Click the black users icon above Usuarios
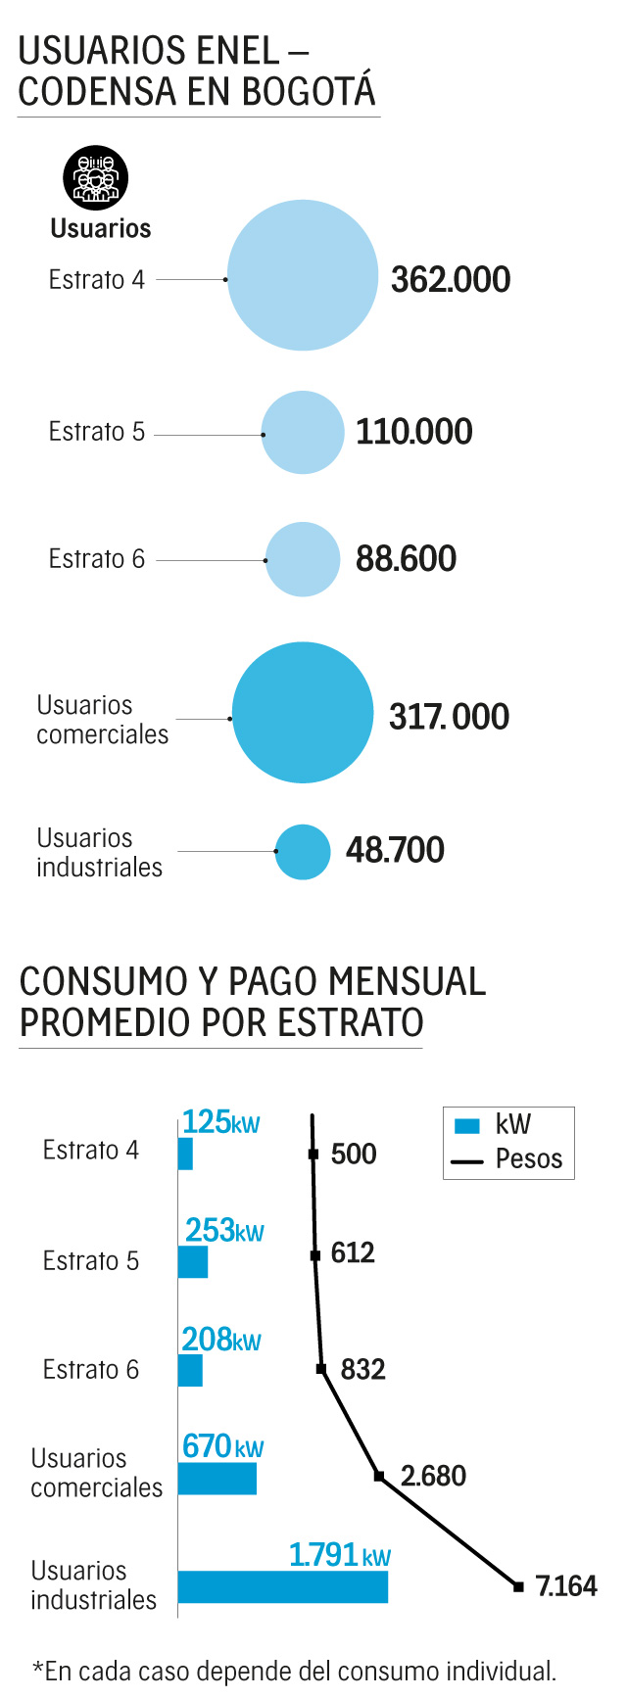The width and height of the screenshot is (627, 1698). point(95,178)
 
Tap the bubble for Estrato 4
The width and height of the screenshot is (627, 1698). point(303,275)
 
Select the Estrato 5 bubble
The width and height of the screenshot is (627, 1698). point(303,433)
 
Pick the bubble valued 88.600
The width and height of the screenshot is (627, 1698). point(303,559)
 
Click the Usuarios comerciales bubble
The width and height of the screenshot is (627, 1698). point(303,713)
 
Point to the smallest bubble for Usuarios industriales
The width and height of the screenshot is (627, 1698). point(303,852)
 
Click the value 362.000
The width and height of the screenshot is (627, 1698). point(451,280)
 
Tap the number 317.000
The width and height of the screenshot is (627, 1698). point(449,717)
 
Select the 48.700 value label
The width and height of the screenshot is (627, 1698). point(395,850)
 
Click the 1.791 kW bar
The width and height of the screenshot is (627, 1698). point(283,1586)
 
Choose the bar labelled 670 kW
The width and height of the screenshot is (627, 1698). point(217,1479)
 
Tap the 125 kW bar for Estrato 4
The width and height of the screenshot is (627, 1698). point(185,1154)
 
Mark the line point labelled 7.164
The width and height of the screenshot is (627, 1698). point(518,1586)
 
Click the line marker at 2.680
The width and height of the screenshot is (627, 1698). point(379,1476)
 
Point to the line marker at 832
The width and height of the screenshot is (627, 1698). point(321,1369)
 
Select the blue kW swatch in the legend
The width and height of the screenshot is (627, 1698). point(467,1126)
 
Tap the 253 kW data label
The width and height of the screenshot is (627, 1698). point(224,1230)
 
